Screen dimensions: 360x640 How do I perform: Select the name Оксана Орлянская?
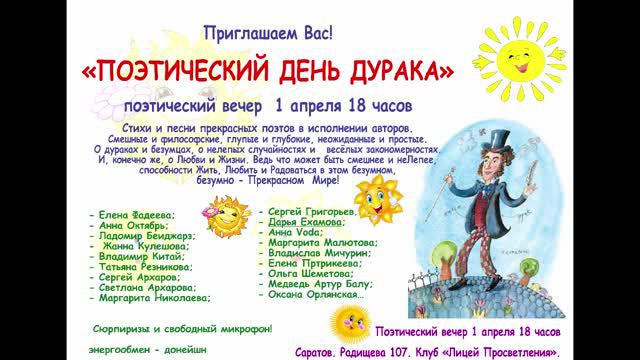pyautogui.click(x=317, y=294)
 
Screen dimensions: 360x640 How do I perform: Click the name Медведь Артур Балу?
pyautogui.click(x=322, y=284)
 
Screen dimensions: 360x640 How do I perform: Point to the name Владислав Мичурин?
pyautogui.click(x=319, y=253)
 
